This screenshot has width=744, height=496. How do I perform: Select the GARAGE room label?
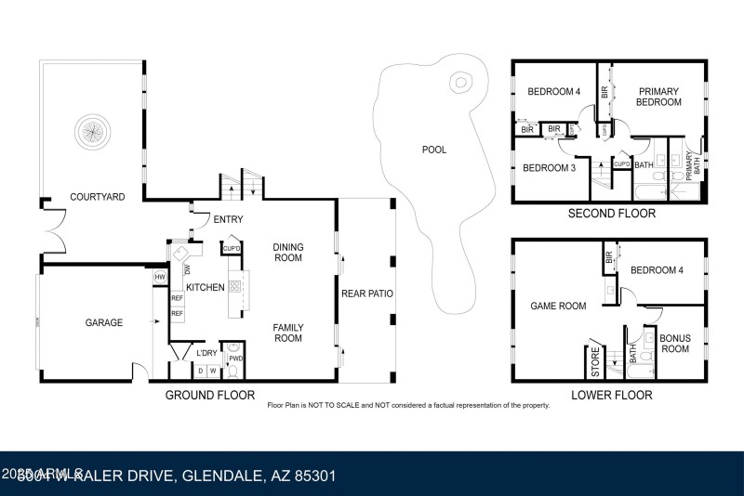[104, 323]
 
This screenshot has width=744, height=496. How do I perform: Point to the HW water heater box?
[160, 277]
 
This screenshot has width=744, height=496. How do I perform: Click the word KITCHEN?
[205, 288]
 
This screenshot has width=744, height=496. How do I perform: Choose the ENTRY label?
[228, 220]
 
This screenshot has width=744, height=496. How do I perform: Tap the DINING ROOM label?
[287, 252]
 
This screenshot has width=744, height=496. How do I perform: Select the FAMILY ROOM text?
[287, 333]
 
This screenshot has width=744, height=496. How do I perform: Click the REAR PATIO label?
[366, 294]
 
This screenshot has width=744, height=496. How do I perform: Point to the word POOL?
[433, 150]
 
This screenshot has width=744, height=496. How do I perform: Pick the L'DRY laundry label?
[206, 353]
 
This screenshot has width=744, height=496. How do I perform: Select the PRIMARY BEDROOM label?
[658, 98]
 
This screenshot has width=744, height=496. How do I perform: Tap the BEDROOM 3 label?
[549, 168]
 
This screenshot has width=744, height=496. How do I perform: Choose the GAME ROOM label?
[558, 306]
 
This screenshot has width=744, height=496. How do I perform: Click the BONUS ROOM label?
[674, 344]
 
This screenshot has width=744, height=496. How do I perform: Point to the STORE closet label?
[596, 363]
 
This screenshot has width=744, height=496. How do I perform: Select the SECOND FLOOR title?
[611, 214]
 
